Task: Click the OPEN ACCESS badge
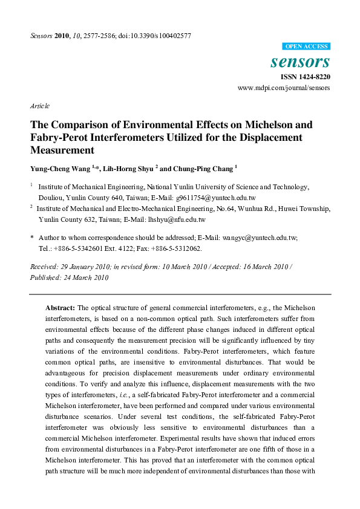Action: click(307, 47)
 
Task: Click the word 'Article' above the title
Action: click(39, 106)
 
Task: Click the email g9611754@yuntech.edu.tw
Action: click(217, 198)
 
